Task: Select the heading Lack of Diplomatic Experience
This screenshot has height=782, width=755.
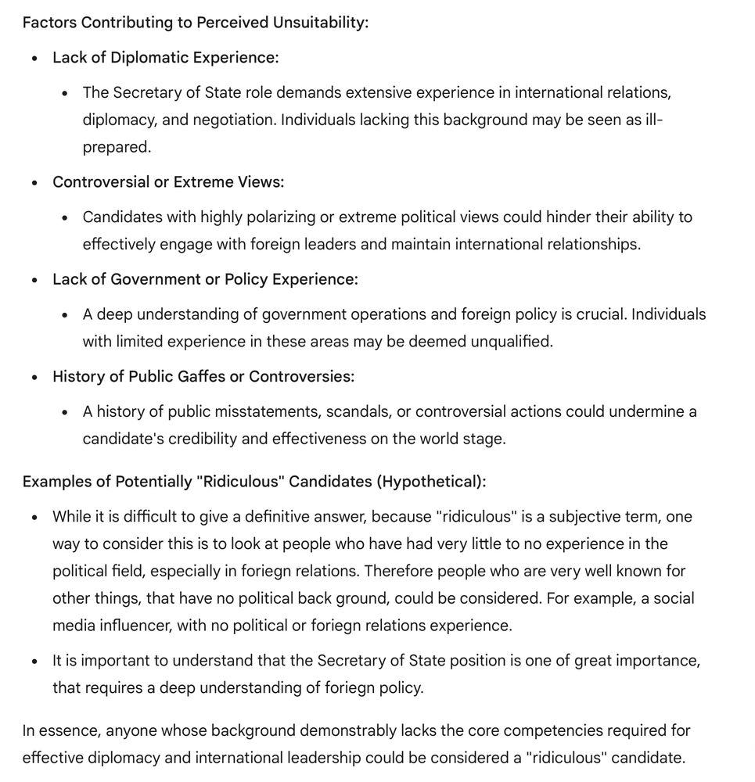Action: point(165,57)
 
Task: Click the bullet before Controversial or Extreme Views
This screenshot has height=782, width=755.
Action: point(34,183)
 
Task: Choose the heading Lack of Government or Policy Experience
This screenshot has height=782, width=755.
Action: point(205,279)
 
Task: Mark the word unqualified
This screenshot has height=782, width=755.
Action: point(511,342)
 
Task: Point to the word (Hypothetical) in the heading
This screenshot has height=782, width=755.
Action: point(431,481)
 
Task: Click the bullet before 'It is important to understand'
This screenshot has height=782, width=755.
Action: point(34,662)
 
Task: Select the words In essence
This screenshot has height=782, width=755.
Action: point(60,730)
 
